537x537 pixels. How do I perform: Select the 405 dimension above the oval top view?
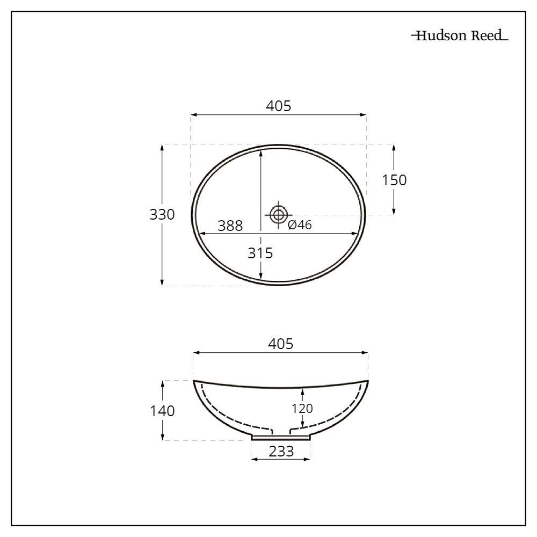pyautogui.click(x=279, y=106)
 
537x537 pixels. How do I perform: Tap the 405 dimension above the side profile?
pyautogui.click(x=280, y=344)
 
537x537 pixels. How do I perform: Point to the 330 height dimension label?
pyautogui.click(x=162, y=215)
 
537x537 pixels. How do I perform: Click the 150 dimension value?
pyautogui.click(x=394, y=180)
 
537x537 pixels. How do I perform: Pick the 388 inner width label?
pyautogui.click(x=230, y=226)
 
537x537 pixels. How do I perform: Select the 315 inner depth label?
pyautogui.click(x=260, y=252)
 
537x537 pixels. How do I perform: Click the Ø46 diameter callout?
pyautogui.click(x=300, y=226)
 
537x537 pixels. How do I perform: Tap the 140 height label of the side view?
pyautogui.click(x=162, y=411)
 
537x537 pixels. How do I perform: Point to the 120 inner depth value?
pyautogui.click(x=302, y=408)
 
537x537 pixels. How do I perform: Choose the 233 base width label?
pyautogui.click(x=281, y=452)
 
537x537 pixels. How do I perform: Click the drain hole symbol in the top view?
pyautogui.click(x=278, y=215)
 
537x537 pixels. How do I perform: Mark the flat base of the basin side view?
pyautogui.click(x=281, y=438)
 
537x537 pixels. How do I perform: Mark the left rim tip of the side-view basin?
pyautogui.click(x=194, y=381)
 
